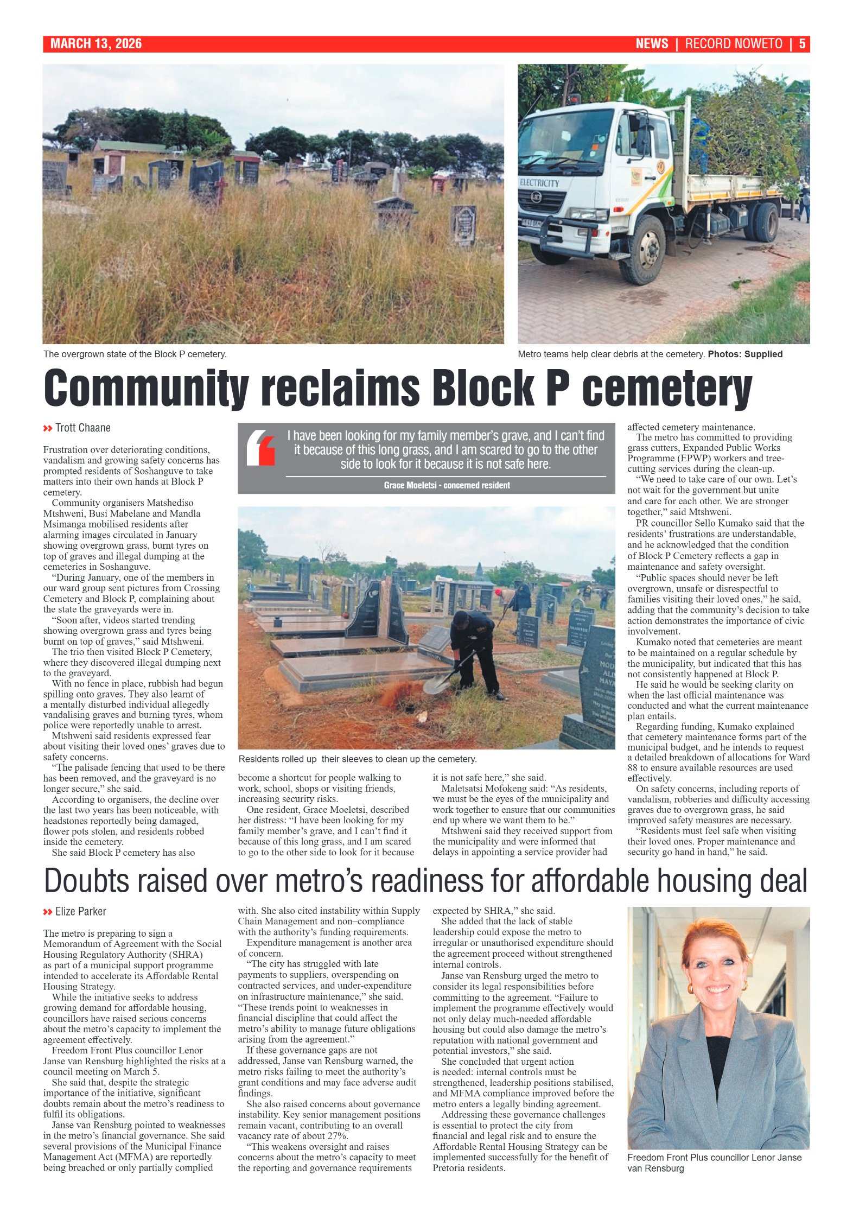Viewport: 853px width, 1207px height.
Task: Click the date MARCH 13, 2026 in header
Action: (x=96, y=44)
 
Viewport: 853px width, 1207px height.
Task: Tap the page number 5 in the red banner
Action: (x=801, y=44)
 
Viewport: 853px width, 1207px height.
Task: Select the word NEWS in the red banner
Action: (x=651, y=44)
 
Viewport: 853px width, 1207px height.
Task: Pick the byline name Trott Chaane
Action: (x=82, y=428)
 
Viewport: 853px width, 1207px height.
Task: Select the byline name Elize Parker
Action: (x=80, y=911)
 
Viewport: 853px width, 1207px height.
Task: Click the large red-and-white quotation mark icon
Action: (x=261, y=448)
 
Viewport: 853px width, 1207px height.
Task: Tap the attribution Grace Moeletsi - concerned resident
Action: (x=446, y=485)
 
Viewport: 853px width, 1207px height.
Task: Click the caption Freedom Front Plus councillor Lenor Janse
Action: (x=714, y=1158)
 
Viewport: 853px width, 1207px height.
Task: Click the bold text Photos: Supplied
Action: (x=744, y=354)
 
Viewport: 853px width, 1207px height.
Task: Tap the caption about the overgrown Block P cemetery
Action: (x=135, y=354)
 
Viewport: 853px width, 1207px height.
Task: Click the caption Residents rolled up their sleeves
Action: (x=357, y=759)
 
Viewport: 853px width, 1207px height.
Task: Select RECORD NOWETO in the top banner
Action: (x=733, y=44)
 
